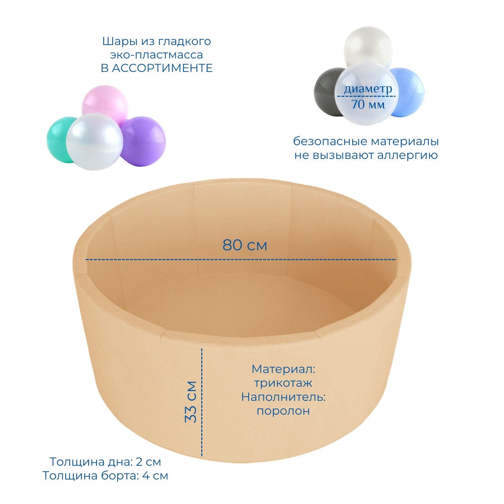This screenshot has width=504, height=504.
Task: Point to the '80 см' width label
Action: coord(245,245)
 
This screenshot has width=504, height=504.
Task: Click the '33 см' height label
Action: coord(191,402)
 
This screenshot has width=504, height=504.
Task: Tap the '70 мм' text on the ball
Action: coord(368,105)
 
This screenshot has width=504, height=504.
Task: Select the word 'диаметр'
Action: coord(368,89)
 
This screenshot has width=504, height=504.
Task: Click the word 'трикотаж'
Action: coord(283,383)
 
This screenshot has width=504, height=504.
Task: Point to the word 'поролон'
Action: coord(283,411)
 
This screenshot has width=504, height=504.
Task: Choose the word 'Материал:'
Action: coord(284,369)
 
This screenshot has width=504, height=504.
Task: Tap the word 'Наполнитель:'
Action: coord(283,397)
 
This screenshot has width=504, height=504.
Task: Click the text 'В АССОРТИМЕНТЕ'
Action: coord(157,68)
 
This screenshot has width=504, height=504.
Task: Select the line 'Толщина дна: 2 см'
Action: coord(105,462)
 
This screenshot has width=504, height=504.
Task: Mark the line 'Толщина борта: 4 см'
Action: coord(105,476)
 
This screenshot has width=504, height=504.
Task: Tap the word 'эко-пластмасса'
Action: coord(157,55)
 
